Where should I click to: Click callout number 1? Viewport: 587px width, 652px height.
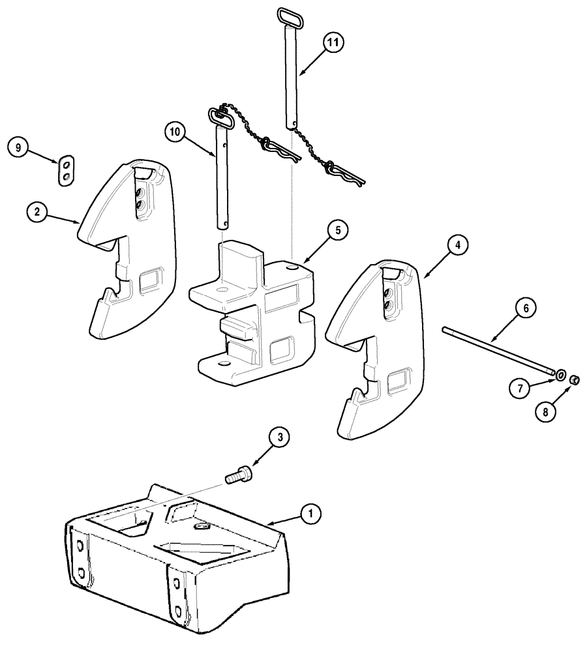click(311, 514)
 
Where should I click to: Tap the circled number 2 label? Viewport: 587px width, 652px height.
click(37, 213)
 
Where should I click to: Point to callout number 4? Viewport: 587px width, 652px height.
click(457, 245)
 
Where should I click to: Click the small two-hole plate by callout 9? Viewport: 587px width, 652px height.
click(66, 171)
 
